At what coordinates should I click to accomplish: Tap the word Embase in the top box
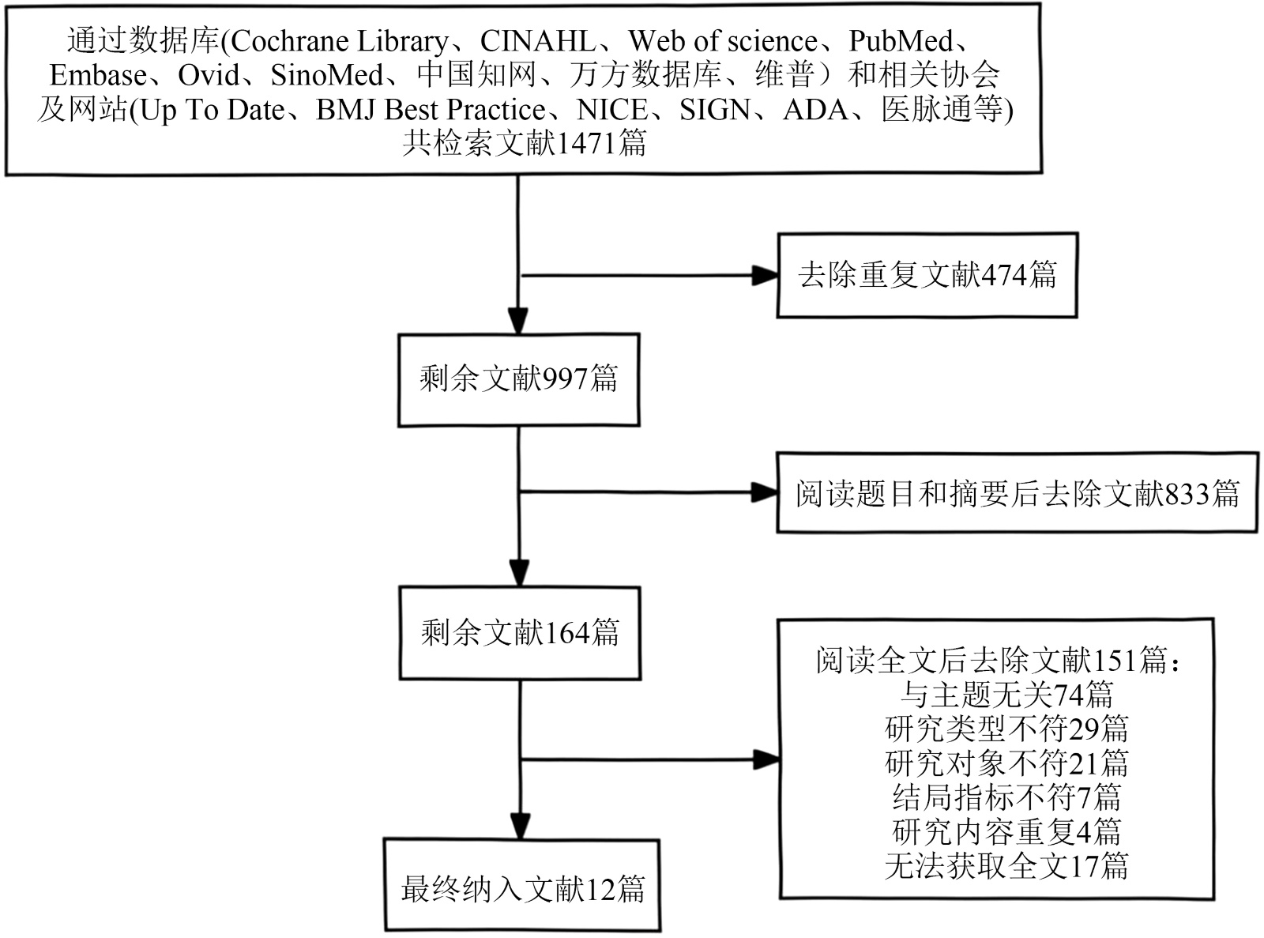[x=98, y=76]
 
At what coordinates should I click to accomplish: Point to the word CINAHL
[x=538, y=41]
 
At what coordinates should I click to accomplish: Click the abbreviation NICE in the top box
[x=612, y=110]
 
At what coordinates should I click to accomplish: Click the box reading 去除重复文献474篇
[x=927, y=275]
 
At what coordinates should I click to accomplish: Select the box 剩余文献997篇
[x=518, y=379]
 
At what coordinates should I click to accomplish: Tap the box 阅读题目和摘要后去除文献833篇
[x=1017, y=493]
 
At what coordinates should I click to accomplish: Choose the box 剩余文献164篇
[x=519, y=632]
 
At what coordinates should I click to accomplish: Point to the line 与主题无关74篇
[x=1006, y=695]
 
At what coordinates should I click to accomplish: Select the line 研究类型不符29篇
[x=1006, y=729]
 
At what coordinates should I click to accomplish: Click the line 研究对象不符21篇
[x=1006, y=763]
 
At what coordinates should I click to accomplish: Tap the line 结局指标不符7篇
[x=1006, y=797]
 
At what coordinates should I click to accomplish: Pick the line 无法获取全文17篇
[x=1006, y=866]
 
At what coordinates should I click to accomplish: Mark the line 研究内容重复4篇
[x=1006, y=832]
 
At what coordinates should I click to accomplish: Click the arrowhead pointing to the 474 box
[x=765, y=276]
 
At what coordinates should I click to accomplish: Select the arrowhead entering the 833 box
[x=765, y=493]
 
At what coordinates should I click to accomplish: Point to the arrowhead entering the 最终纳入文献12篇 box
[x=519, y=826]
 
